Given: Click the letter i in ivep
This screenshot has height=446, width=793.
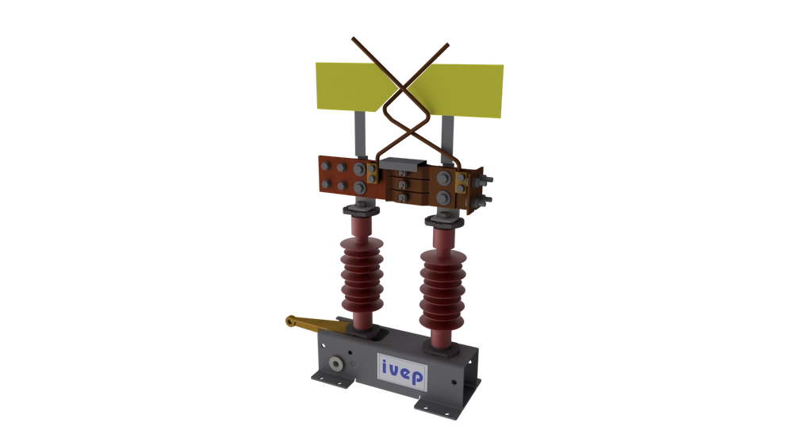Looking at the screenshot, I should click(383, 370).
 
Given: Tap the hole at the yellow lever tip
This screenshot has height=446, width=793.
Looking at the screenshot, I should click(290, 322).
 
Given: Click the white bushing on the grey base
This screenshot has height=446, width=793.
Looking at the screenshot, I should click(338, 365).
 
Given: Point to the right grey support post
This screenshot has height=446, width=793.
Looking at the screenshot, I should click(447, 135).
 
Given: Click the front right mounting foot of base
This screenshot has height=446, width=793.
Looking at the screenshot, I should click(429, 406).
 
